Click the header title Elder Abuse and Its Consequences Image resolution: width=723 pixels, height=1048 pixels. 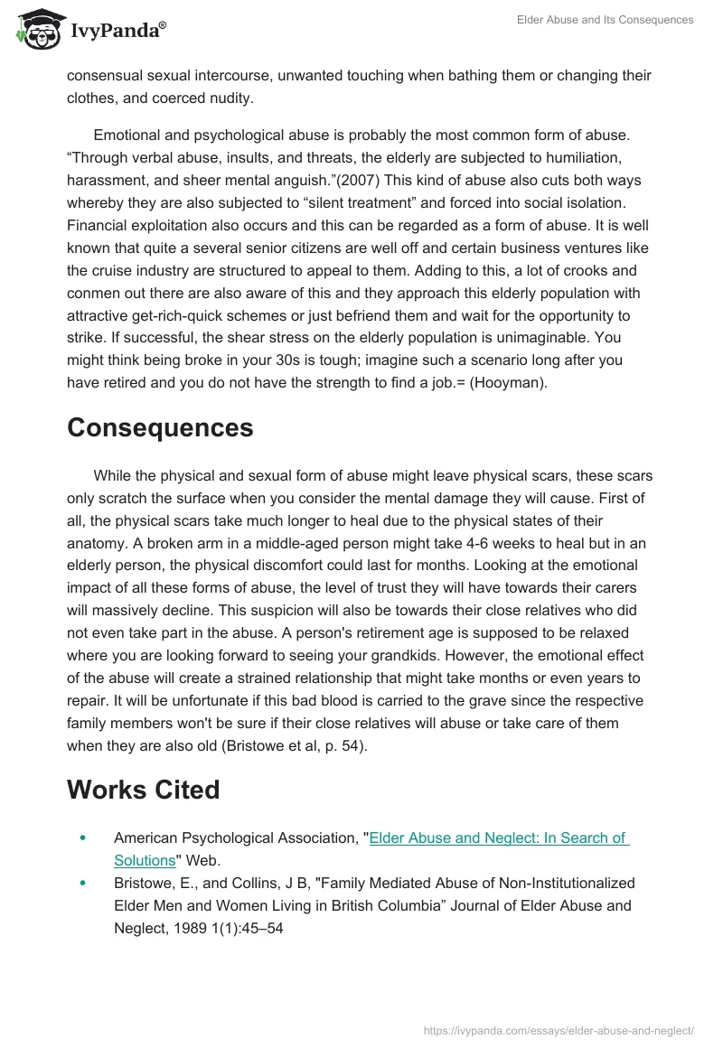point(605,20)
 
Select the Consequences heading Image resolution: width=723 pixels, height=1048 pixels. point(160,427)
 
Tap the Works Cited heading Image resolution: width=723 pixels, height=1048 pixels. point(143,790)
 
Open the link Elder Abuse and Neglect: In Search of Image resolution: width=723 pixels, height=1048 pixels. point(499,838)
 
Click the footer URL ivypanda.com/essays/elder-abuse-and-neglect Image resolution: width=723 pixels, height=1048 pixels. point(559,1030)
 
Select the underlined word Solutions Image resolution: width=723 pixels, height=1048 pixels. point(144,860)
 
